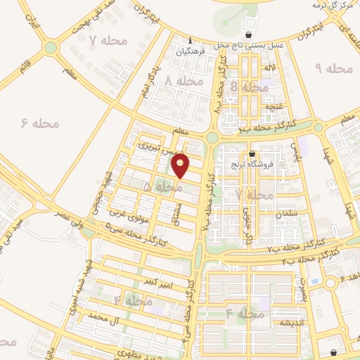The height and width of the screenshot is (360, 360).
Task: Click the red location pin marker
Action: click(x=181, y=165)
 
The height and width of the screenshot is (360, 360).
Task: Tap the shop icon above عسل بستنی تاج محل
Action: click(x=248, y=34)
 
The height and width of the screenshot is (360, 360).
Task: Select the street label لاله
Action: click(x=269, y=67)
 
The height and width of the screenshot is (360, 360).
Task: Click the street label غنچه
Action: click(x=274, y=107)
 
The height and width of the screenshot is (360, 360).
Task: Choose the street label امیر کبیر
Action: click(x=157, y=283)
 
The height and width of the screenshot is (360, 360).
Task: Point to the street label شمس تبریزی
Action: click(x=156, y=148)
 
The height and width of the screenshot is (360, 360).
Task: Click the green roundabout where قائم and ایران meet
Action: click(x=50, y=48)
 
